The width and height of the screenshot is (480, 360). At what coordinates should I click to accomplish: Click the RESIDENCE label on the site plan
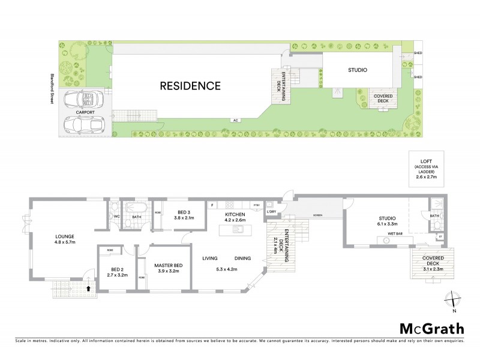click(190, 86)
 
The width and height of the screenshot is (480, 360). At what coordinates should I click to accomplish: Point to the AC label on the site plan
click(236, 120)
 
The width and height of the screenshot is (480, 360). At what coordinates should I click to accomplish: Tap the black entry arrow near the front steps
click(89, 288)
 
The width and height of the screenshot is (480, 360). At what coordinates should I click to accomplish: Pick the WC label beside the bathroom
click(118, 217)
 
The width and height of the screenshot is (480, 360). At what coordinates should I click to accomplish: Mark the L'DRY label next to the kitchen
click(271, 212)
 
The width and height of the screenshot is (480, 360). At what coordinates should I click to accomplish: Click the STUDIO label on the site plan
click(357, 70)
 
